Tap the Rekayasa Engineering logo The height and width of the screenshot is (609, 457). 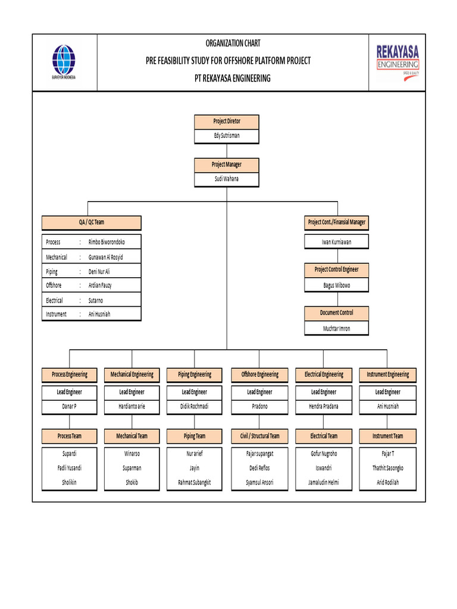click(397, 62)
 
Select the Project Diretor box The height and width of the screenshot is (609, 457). click(227, 121)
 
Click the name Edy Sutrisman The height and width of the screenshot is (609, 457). click(227, 136)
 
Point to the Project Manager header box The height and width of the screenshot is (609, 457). click(227, 165)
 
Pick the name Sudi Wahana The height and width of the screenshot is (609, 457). click(227, 178)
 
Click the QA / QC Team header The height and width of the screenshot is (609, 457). click(92, 222)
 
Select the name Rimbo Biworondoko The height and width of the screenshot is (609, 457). click(107, 242)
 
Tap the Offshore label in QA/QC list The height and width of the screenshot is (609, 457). click(54, 285)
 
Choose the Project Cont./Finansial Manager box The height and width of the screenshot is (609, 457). click(337, 222)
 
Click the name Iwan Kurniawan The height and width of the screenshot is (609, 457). click(337, 242)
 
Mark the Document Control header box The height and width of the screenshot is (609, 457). click(337, 313)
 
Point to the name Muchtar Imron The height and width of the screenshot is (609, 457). click(337, 328)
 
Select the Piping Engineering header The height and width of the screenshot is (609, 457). click(195, 375)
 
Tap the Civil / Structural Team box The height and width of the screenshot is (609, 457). click(259, 437)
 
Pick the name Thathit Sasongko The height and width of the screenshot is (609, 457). click(388, 468)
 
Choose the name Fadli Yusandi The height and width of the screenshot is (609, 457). click(70, 468)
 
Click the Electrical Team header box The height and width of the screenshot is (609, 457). click(324, 437)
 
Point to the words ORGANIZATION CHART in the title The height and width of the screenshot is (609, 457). click(233, 43)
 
